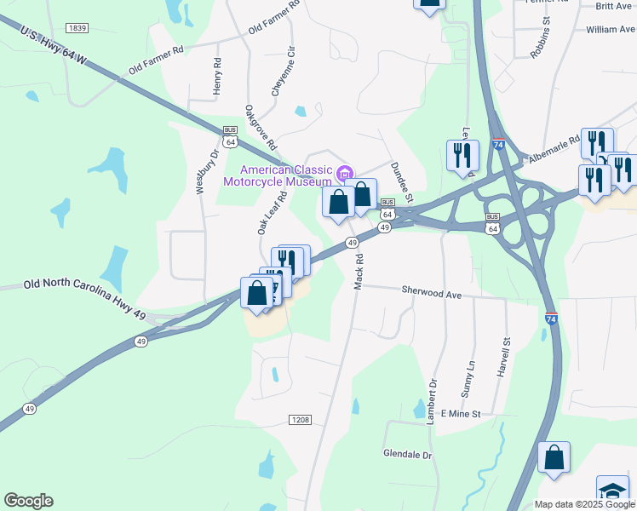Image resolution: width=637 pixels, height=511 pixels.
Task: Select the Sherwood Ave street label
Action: (x=432, y=292)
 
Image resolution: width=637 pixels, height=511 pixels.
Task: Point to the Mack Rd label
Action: (x=359, y=271)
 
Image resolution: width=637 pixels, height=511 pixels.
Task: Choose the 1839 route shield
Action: (x=77, y=28)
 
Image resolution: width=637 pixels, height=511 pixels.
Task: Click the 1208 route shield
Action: (x=300, y=420)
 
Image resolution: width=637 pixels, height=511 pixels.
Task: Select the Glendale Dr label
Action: (x=408, y=454)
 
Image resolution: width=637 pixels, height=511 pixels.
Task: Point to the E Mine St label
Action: (x=461, y=414)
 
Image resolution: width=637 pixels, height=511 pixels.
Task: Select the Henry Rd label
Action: (x=218, y=76)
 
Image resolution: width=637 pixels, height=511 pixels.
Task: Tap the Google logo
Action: (x=28, y=501)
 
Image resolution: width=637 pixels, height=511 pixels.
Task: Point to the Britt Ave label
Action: (x=614, y=6)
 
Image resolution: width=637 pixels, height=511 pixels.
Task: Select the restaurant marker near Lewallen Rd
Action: (x=462, y=155)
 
